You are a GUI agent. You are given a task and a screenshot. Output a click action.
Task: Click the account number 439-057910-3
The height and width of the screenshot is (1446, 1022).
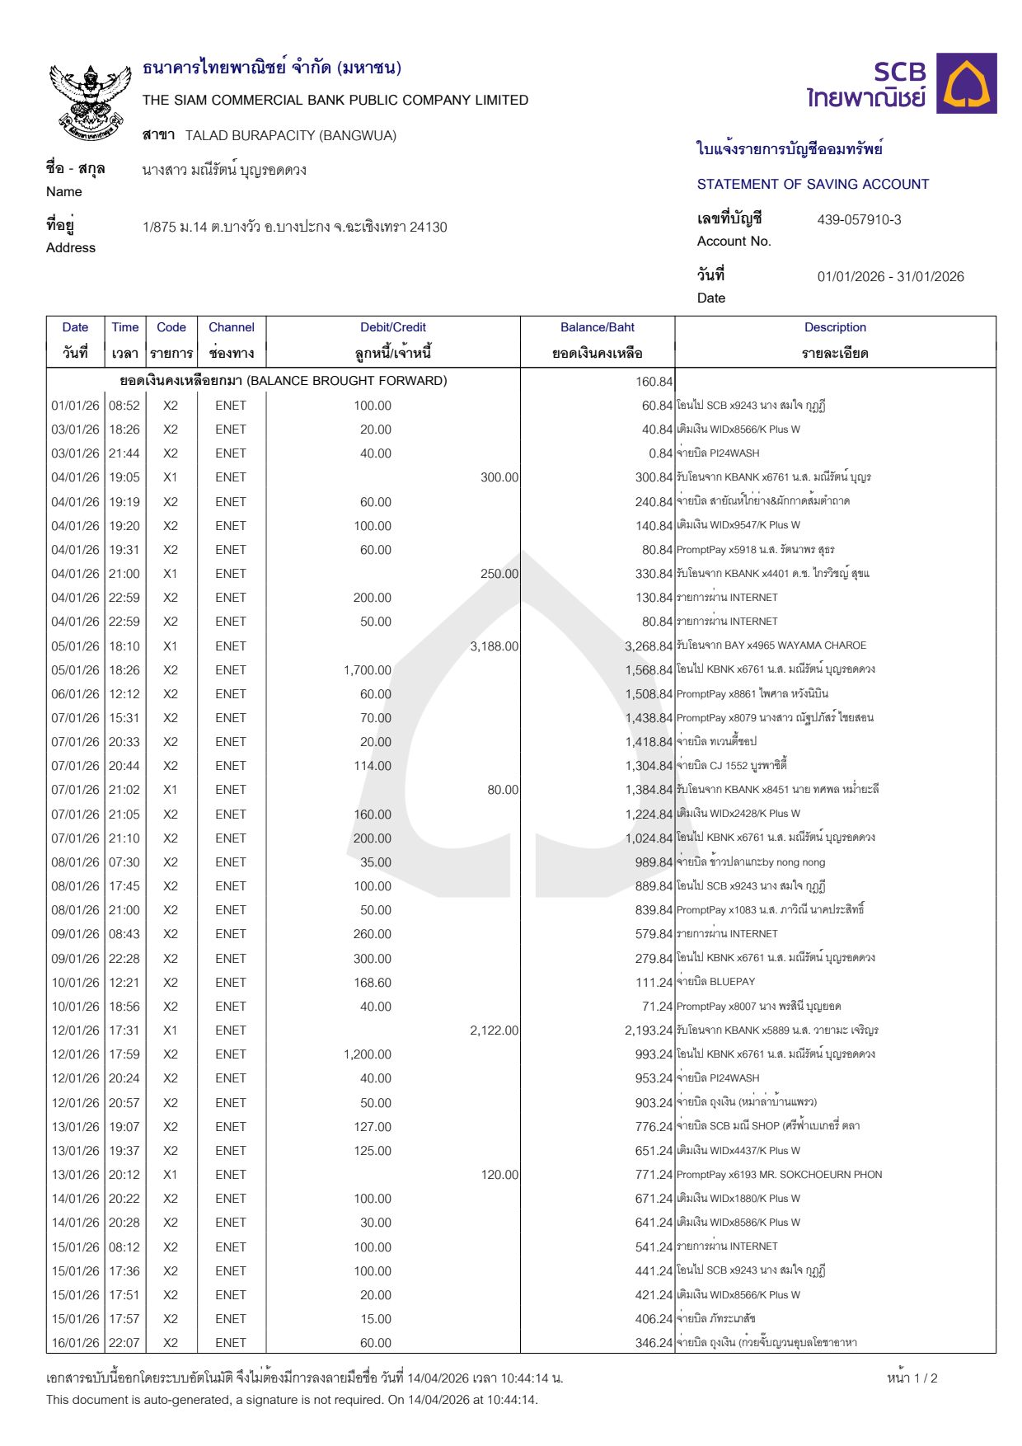coord(859,220)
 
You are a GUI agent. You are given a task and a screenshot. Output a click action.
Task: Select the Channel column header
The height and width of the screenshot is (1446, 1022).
coord(231,327)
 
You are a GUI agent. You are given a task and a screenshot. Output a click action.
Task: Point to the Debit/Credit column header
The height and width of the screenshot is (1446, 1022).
coord(393,327)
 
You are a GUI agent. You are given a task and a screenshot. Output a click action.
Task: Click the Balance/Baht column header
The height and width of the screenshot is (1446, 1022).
coord(597,327)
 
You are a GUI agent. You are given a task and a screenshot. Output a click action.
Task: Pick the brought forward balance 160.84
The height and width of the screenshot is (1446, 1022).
coord(654,382)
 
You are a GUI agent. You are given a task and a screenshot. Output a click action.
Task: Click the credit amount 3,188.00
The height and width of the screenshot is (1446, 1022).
coord(494,646)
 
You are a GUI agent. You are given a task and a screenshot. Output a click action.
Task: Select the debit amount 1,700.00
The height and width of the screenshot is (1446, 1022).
coord(368,670)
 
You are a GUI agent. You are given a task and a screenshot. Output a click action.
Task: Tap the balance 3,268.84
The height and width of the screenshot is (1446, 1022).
coord(649,646)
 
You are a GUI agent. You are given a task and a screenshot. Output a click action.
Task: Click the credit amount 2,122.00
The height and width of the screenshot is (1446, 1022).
coord(494,1031)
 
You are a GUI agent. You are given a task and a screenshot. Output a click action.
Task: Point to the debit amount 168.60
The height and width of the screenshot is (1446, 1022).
coord(372,983)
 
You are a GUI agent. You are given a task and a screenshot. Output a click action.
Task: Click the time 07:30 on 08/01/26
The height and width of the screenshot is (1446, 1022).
coord(124,862)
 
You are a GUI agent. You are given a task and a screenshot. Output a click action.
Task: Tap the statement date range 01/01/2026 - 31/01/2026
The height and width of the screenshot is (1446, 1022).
coord(890,277)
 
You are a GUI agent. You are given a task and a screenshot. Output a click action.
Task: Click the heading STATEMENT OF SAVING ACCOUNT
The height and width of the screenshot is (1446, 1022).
coord(813,185)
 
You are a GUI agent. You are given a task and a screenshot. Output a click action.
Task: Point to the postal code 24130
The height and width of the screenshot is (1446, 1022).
coord(428,228)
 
